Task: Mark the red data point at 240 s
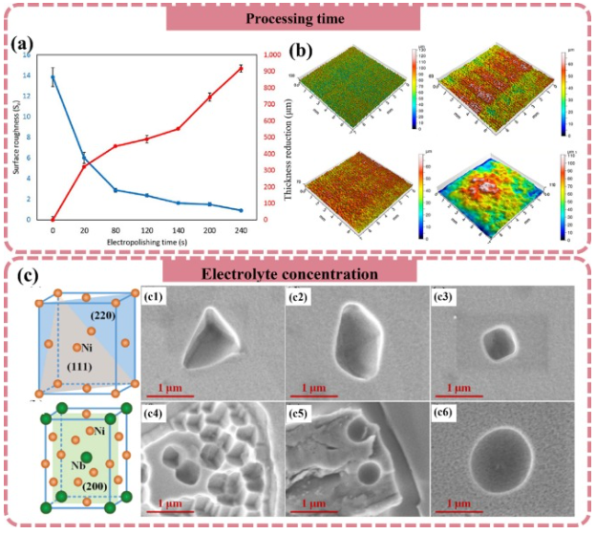point(241,68)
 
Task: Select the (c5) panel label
point(305,412)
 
